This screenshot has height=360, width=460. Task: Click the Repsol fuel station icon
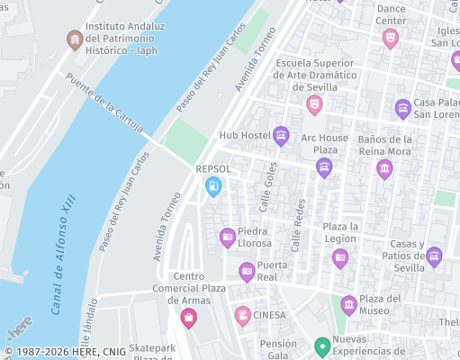pyautogui.click(x=213, y=186)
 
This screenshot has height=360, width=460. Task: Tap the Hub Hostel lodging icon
pyautogui.click(x=281, y=136)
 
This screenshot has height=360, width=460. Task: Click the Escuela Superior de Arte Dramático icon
pyautogui.click(x=314, y=104)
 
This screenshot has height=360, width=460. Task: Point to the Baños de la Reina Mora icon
pyautogui.click(x=384, y=169)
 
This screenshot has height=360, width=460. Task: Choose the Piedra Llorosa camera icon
pyautogui.click(x=228, y=238)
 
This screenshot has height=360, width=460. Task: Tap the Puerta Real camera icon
pyautogui.click(x=247, y=271)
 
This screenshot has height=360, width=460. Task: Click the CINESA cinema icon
pyautogui.click(x=242, y=315)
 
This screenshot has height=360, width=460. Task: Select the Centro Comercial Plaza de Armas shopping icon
pyautogui.click(x=188, y=317)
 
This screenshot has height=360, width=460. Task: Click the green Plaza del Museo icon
pyautogui.click(x=348, y=305)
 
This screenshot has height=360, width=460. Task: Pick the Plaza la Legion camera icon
pyautogui.click(x=340, y=258)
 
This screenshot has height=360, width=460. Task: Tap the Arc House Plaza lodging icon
pyautogui.click(x=324, y=167)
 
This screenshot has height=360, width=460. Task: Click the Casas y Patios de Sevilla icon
pyautogui.click(x=434, y=256)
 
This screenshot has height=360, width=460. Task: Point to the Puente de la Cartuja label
pyautogui.click(x=104, y=104)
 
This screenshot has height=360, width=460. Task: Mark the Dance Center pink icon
pyautogui.click(x=390, y=39)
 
